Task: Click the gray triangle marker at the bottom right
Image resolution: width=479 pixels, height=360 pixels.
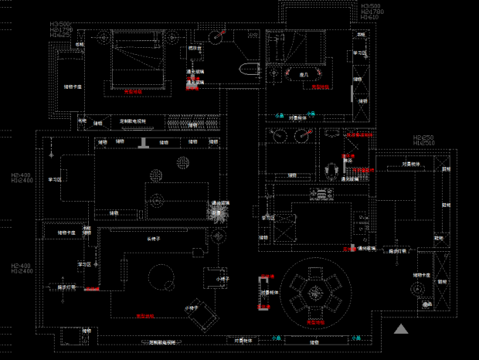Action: pyautogui.click(x=401, y=329)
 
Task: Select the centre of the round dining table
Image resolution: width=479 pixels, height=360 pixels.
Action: pyautogui.click(x=314, y=291)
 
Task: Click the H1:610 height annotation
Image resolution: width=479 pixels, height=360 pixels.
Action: pyautogui.click(x=370, y=16)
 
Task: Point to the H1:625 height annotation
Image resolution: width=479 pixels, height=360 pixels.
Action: pyautogui.click(x=60, y=35)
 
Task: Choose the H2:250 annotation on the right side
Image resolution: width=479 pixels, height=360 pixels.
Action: pyautogui.click(x=424, y=137)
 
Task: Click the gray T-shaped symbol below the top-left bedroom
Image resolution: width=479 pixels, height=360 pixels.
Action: pyautogui.click(x=144, y=143)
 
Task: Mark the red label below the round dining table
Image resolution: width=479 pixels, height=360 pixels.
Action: pyautogui.click(x=314, y=320)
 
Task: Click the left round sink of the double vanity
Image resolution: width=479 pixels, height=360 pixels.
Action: pyautogui.click(x=279, y=137)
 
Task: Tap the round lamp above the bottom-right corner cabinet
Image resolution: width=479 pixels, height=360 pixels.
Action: pyautogui.click(x=417, y=289)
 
